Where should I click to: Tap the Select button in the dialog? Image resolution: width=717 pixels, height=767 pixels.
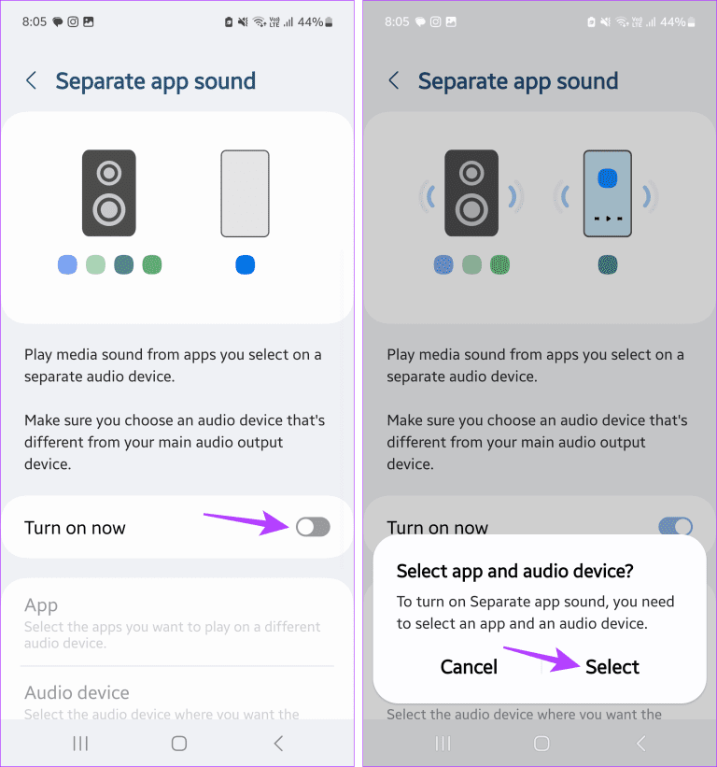pos(612,667)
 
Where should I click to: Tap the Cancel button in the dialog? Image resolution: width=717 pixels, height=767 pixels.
pos(469,667)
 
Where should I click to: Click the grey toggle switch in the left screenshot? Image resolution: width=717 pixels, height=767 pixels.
pos(313,528)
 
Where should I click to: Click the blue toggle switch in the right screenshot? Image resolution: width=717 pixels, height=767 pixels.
pos(676,526)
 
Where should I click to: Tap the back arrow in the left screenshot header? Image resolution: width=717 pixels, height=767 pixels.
pos(32,81)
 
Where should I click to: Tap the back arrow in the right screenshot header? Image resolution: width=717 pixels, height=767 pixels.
pos(394,81)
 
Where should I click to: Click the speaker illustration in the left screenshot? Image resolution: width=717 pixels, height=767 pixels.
pos(109,192)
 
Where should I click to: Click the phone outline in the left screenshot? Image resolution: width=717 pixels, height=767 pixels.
pos(245,193)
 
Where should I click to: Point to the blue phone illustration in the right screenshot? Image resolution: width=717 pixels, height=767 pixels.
pos(607,193)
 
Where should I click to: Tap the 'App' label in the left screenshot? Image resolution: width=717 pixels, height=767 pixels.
pos(41,605)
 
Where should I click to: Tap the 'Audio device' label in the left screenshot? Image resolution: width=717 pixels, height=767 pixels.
pos(77,692)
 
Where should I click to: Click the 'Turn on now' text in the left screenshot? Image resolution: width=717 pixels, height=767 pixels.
pos(75,528)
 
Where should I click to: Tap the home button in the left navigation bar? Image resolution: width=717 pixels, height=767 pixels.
pos(179,744)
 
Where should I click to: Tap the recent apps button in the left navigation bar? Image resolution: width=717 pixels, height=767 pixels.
pos(81,744)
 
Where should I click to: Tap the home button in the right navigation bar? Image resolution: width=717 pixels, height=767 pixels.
pos(541,744)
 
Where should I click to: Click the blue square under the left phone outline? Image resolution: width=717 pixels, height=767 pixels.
pos(245,265)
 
